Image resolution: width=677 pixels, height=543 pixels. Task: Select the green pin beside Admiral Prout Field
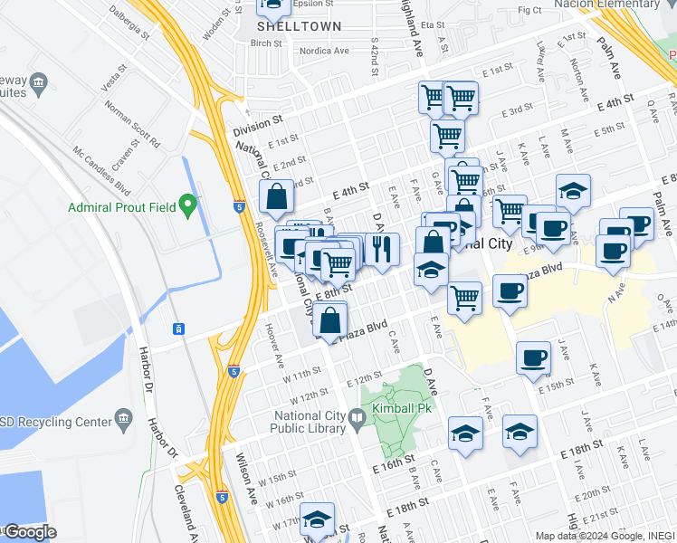(187, 205)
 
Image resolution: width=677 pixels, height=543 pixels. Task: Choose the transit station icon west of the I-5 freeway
(179, 327)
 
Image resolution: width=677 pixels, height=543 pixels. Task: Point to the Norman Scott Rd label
(132, 123)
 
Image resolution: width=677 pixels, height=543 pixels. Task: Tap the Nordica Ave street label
(325, 51)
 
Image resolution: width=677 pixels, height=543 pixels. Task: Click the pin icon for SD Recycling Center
(124, 420)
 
